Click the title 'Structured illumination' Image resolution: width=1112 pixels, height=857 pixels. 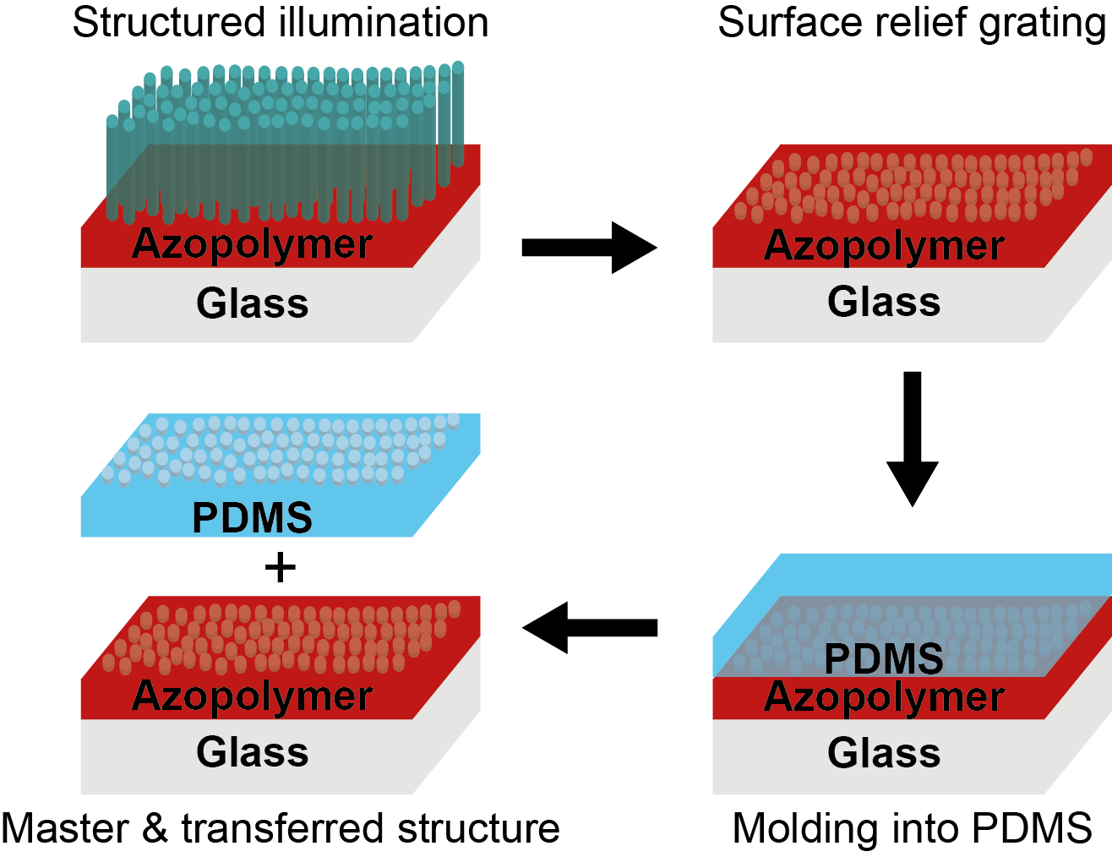pos(281,23)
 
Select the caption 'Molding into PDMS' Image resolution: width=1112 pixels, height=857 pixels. pos(912,828)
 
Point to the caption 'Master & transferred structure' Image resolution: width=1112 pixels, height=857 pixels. pos(281,828)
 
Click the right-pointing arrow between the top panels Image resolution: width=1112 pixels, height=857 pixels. pos(589,248)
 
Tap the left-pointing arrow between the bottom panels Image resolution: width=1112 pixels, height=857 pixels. pos(590,627)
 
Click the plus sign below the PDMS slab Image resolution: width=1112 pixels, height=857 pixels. pos(281,567)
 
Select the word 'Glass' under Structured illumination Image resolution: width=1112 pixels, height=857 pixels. pos(253,303)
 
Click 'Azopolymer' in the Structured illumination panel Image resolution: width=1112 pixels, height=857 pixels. pos(253,244)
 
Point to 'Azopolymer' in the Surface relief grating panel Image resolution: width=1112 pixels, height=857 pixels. pos(884,246)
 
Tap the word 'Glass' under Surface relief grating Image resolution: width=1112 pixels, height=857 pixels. pos(884,302)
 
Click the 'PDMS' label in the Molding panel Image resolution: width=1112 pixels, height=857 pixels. pos(884,659)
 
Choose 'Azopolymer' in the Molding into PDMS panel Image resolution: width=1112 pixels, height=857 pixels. pos(884,697)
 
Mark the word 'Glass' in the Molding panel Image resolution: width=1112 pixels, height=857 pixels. pos(884,753)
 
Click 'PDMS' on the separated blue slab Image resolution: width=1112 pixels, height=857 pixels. pos(253,517)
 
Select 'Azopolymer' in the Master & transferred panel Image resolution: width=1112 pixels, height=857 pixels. pos(253,696)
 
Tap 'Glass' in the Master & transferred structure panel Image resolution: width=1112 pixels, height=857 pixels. pos(253,752)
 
